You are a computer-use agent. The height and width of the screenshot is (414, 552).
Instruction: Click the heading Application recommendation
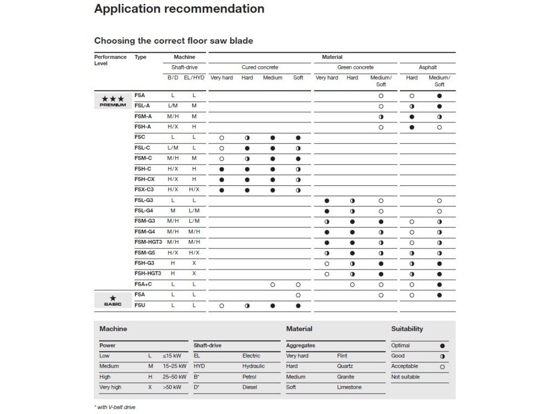[179, 9]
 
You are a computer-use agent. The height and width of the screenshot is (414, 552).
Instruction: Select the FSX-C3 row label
[144, 190]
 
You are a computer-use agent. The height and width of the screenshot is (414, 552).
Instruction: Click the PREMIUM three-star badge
[113, 101]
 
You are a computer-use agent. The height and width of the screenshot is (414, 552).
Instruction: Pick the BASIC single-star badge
[113, 300]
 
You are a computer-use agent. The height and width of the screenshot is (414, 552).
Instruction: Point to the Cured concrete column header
[260, 67]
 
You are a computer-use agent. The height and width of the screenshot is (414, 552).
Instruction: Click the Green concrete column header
[355, 67]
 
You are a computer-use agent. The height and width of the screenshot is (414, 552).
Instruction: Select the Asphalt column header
[427, 67]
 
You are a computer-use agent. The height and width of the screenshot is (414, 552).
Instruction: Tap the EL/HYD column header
[194, 78]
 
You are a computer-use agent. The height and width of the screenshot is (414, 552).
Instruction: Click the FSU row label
[140, 305]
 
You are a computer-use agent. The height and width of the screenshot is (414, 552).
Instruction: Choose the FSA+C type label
[143, 284]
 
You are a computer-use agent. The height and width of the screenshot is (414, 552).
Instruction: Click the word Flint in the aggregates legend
[342, 356]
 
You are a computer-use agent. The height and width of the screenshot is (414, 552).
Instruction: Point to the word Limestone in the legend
[349, 387]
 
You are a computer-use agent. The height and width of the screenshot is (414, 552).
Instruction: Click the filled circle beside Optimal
[443, 346]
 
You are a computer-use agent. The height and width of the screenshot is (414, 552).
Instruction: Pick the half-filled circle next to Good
[443, 356]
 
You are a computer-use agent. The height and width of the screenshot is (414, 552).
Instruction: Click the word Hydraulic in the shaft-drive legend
[253, 367]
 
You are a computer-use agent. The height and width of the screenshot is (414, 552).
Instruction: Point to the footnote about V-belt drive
[114, 407]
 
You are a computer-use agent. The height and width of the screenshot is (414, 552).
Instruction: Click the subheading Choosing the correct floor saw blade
[174, 41]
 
